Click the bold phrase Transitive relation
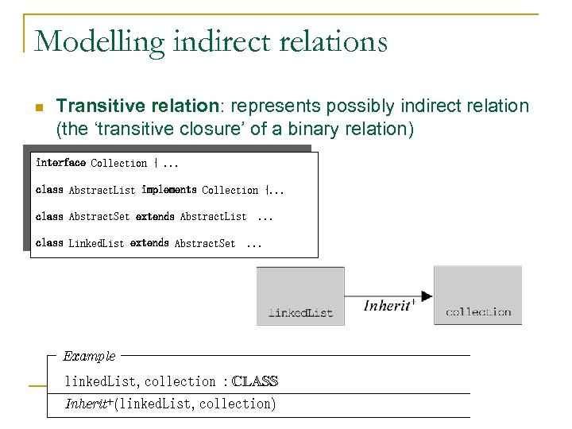click(135, 106)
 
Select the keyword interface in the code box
click(60, 163)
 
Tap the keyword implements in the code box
click(169, 190)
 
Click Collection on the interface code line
click(119, 164)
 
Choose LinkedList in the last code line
click(96, 243)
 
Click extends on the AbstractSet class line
click(155, 216)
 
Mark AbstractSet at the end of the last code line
click(205, 244)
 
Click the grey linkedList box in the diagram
click(300, 296)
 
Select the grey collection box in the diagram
click(477, 296)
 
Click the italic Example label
click(89, 356)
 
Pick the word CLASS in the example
click(255, 382)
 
